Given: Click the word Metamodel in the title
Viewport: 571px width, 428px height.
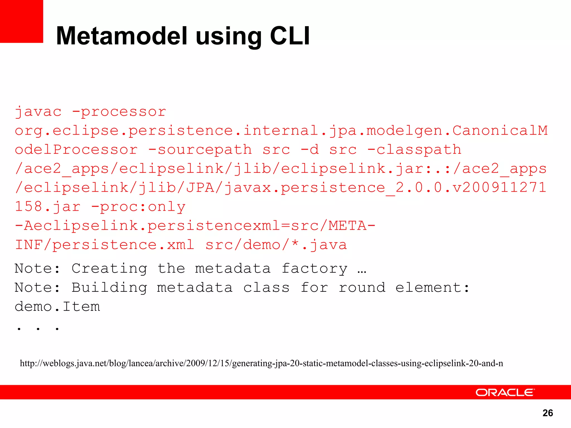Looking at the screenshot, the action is click(122, 36).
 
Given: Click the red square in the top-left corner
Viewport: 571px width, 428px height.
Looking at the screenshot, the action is click(21, 21).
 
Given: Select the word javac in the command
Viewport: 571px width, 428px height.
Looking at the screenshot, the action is click(38, 112).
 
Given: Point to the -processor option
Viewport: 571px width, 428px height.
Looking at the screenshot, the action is click(119, 112).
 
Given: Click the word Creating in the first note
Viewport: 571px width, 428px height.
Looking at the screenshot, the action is click(109, 269).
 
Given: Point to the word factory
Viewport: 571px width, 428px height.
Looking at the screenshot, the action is click(314, 269).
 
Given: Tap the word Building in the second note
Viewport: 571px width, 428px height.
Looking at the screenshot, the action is click(109, 288).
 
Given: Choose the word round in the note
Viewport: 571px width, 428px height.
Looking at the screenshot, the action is click(362, 288).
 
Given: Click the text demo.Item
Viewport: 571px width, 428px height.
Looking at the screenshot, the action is click(57, 307).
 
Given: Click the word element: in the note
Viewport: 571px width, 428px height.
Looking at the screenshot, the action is click(433, 288).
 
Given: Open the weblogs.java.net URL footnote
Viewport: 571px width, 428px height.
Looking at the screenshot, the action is click(261, 363).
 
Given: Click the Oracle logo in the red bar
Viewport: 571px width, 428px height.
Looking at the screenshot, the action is click(505, 393).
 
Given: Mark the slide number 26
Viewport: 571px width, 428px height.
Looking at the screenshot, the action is click(548, 413).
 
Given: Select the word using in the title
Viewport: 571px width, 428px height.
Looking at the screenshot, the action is click(228, 36).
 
